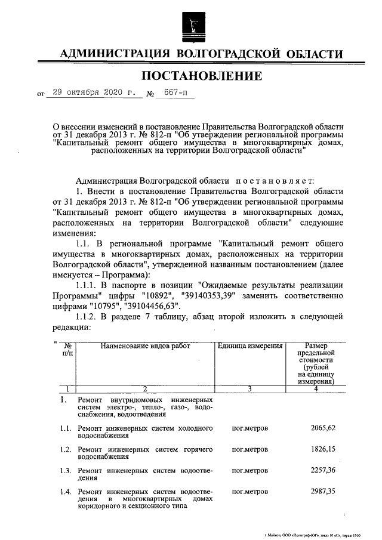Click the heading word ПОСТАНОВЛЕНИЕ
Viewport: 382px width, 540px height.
click(201, 76)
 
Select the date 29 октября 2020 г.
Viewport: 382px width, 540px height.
click(93, 93)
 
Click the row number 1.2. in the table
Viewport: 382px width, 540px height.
click(66, 449)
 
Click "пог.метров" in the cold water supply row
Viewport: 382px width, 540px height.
click(249, 428)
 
